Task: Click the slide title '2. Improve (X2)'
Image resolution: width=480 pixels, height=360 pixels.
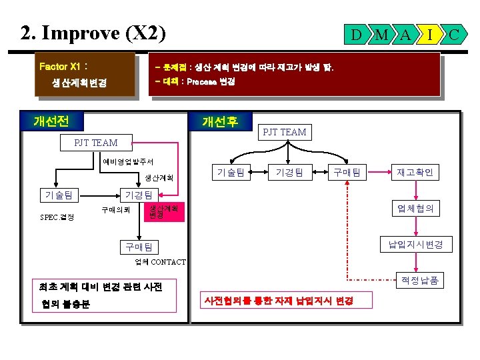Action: (x=93, y=33)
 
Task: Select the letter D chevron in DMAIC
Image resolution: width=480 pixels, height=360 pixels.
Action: (x=357, y=34)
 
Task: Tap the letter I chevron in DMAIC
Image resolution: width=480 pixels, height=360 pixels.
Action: (x=430, y=34)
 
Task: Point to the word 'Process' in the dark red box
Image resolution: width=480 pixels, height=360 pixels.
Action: (x=202, y=83)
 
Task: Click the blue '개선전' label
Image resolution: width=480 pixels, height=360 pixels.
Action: (x=51, y=121)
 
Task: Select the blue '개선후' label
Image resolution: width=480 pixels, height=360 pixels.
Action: (x=220, y=122)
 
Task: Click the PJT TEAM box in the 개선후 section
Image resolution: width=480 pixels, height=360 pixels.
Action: (x=285, y=132)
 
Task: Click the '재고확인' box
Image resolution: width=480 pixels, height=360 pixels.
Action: (x=416, y=173)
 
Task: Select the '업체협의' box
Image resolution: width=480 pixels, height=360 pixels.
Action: (x=416, y=209)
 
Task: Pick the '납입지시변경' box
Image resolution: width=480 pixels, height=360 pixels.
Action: (x=416, y=245)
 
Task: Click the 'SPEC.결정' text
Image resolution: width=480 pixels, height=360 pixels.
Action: (x=57, y=217)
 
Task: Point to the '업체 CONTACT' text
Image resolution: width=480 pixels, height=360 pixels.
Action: (x=160, y=262)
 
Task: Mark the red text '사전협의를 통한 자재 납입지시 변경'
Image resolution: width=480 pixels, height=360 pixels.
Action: (x=279, y=301)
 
